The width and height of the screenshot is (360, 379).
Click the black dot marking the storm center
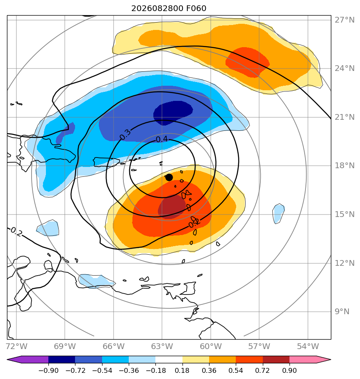click(169, 178)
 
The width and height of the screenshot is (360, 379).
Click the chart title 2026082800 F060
click(169, 9)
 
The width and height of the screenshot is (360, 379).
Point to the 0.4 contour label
click(162, 139)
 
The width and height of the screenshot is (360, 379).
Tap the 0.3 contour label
click(125, 135)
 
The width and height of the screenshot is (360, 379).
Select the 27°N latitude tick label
click(344, 20)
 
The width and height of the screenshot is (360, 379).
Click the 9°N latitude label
click(342, 311)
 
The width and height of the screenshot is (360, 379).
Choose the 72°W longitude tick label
click(16, 346)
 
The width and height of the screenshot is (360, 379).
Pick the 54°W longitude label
click(308, 346)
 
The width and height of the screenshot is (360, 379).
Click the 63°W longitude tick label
click(162, 346)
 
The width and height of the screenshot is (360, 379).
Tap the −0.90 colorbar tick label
click(48, 370)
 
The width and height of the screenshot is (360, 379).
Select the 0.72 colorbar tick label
click(262, 370)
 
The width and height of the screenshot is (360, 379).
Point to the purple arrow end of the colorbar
click(27, 359)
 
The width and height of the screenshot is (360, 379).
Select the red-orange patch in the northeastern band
click(247, 62)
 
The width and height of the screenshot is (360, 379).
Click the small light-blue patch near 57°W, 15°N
click(278, 214)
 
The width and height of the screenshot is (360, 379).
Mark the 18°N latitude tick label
click(344, 166)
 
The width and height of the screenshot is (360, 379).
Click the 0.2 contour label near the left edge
click(16, 232)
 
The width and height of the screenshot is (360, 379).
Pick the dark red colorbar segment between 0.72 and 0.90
click(276, 359)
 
